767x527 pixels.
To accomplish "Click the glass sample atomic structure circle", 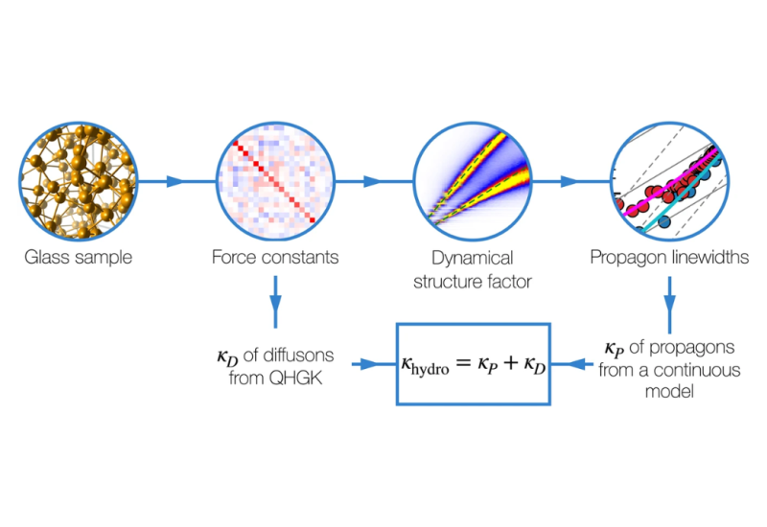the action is (79, 181).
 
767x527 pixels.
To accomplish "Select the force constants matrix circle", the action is (275, 181).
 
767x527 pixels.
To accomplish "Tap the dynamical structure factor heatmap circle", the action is (473, 181).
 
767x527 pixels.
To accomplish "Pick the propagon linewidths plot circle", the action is (669, 181).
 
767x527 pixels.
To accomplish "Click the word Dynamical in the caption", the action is (473, 259).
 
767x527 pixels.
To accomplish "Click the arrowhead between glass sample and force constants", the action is (174, 181).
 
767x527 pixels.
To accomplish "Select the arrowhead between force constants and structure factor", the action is (372, 181).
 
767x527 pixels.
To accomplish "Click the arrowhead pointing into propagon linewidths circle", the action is (569, 181).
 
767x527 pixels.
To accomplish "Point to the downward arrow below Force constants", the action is (276, 302).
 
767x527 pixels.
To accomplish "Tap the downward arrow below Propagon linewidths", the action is (669, 305).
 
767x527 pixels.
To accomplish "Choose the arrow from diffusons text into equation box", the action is (374, 364).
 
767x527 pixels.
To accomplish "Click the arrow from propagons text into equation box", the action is (571, 364).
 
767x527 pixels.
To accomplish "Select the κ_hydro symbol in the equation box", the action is (425, 365).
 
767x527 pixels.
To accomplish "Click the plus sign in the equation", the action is (510, 363).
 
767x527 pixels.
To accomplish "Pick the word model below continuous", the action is (669, 391).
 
